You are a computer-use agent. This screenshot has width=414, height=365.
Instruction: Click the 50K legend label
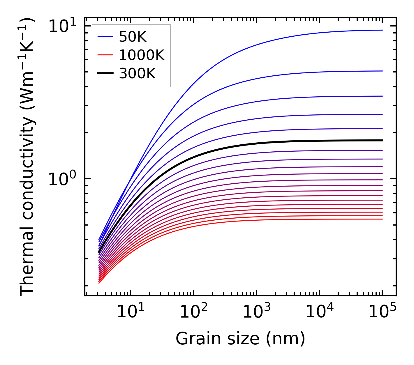pos(133,37)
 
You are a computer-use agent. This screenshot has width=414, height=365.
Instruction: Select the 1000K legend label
pos(142,55)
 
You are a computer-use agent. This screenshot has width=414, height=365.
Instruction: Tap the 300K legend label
pos(137,74)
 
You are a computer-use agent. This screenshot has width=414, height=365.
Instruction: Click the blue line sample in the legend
pos(105,37)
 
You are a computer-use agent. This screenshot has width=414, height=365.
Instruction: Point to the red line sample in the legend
pos(105,55)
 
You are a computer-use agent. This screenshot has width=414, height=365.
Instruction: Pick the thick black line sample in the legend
pos(105,74)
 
